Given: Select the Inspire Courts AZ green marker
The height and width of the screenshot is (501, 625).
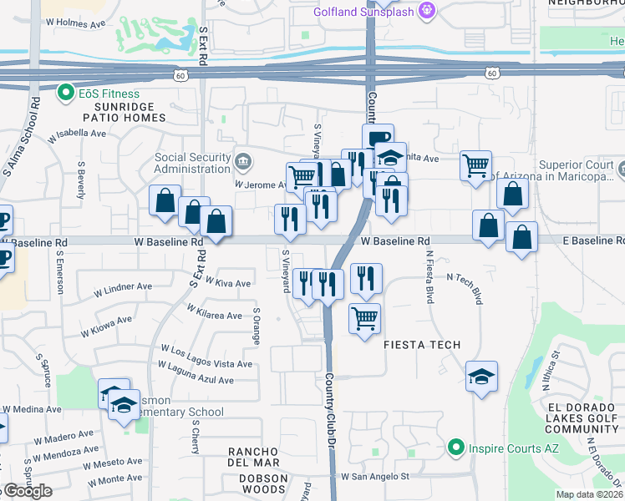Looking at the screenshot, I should point(455,447).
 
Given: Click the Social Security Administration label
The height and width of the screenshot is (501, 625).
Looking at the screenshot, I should point(193,164).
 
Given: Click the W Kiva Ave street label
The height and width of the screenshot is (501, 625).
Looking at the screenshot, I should point(227,284).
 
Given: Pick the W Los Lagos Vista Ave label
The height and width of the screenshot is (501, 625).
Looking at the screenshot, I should point(206,364).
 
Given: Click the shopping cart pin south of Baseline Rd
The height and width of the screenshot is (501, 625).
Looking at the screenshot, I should point(364,318).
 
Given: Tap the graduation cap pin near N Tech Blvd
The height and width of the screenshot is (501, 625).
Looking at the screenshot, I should point(481,376).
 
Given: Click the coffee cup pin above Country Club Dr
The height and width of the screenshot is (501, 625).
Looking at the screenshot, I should point(378,138).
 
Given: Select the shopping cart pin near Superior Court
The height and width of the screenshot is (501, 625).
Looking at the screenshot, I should point(475,164).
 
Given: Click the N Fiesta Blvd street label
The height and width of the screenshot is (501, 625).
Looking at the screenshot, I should point(429,277).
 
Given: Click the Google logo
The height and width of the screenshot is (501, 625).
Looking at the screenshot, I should point(28,491).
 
